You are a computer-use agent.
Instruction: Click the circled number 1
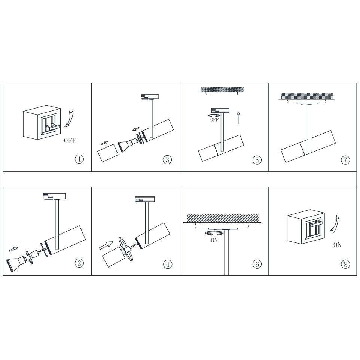pyautogui.click(x=79, y=159)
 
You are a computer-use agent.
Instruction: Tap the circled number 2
pyautogui.click(x=79, y=263)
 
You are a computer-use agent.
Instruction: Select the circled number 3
pyautogui.click(x=167, y=159)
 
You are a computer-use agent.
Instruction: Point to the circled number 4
pyautogui.click(x=168, y=264)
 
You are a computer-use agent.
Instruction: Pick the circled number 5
pyautogui.click(x=257, y=160)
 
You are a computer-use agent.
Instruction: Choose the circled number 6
pyautogui.click(x=257, y=264)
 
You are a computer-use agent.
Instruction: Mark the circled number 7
pyautogui.click(x=345, y=160)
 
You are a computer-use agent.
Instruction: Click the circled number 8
pyautogui.click(x=345, y=264)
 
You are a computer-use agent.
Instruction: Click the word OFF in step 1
pyautogui.click(x=70, y=140)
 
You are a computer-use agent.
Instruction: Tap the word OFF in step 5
pyautogui.click(x=214, y=120)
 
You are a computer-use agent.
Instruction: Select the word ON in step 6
pyautogui.click(x=214, y=240)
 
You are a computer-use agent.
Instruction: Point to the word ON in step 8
pyautogui.click(x=337, y=245)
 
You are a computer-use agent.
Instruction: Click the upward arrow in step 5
pyautogui.click(x=238, y=118)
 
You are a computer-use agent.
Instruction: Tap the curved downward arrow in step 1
pyautogui.click(x=70, y=119)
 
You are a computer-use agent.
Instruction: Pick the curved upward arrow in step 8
pyautogui.click(x=335, y=224)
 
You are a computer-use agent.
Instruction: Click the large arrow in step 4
pyautogui.click(x=106, y=245)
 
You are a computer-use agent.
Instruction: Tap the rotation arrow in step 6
pyautogui.click(x=214, y=234)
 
